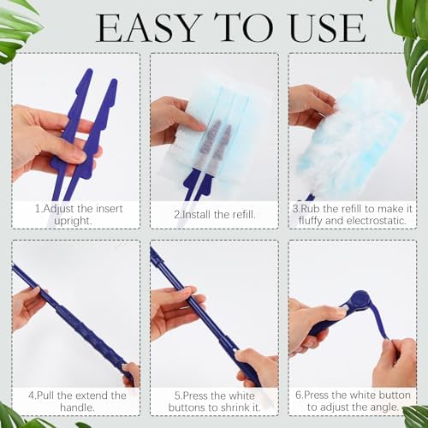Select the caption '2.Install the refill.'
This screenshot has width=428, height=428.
215,215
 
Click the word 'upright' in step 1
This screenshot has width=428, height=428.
72,221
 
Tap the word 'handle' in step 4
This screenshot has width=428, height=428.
76,407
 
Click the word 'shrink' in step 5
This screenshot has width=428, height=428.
231,407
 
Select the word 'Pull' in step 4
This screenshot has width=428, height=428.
46,395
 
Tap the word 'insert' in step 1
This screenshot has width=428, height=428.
110,209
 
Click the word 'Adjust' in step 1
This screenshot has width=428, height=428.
58,210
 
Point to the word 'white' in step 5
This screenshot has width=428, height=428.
240,395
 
